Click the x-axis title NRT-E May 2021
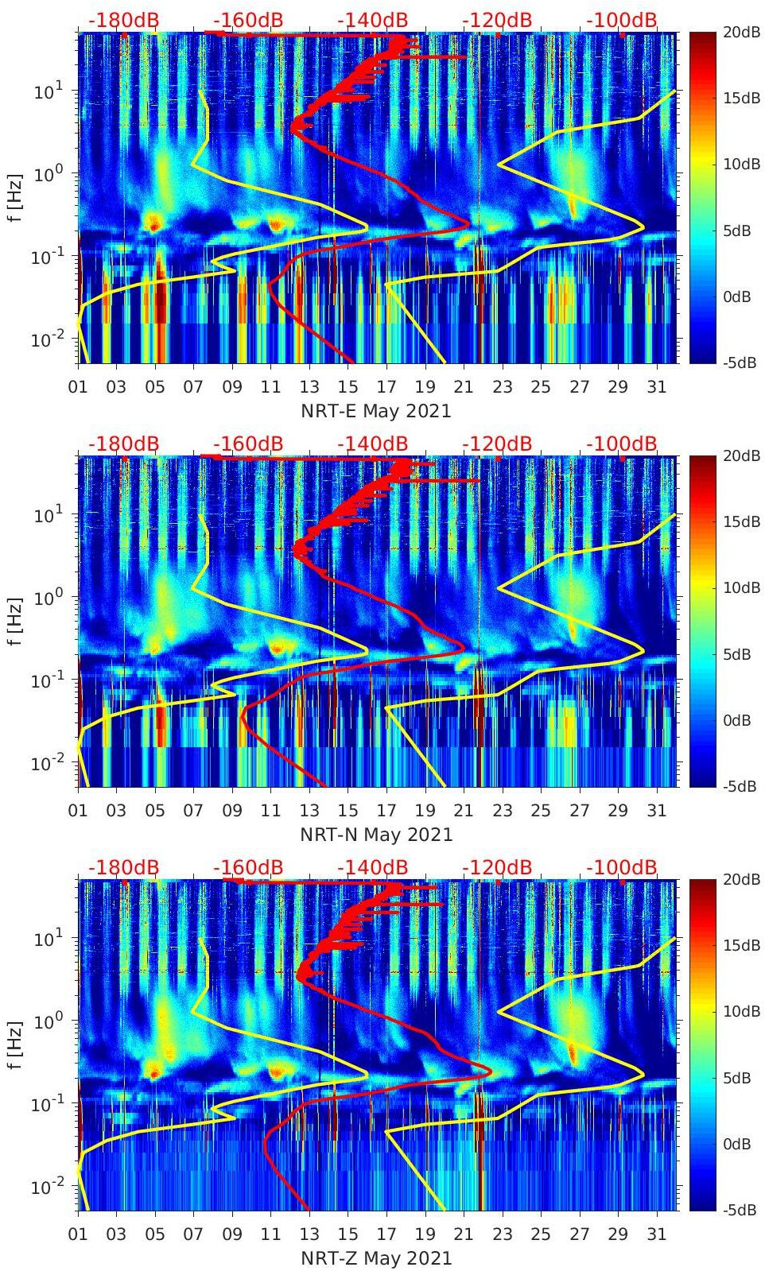tap(376, 412)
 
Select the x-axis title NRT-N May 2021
tap(376, 835)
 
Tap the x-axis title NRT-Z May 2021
tap(376, 1259)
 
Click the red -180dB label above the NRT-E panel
tap(123, 20)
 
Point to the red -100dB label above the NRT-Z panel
tap(622, 867)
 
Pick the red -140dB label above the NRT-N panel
tap(372, 444)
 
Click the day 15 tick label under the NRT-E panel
tap(348, 387)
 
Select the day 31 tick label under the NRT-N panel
tap(656, 811)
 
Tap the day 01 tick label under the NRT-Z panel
tap(78, 1234)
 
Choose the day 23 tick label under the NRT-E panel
tap(502, 387)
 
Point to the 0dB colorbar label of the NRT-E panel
tap(737, 297)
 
